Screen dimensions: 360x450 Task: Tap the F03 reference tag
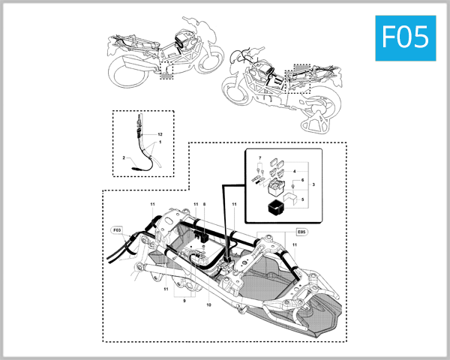click(x=117, y=230)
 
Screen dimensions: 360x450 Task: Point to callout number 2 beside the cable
click(x=123, y=158)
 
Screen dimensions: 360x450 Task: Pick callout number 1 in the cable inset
click(x=159, y=142)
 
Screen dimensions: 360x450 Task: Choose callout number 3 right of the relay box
click(x=313, y=184)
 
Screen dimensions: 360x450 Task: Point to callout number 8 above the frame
click(x=203, y=205)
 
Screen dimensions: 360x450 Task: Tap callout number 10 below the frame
click(x=208, y=305)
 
